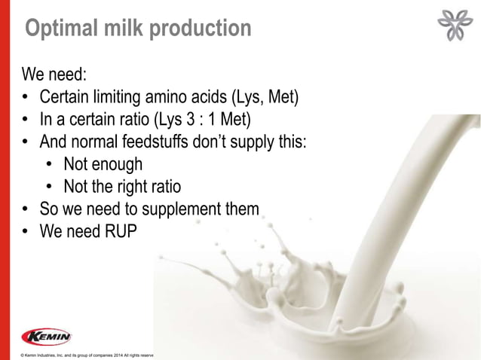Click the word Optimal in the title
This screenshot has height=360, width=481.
60,29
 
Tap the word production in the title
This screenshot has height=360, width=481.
197,29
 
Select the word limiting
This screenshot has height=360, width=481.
118,98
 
